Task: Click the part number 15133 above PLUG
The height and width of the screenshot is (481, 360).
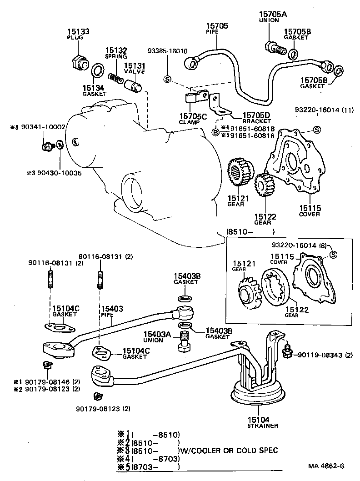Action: [x=79, y=31]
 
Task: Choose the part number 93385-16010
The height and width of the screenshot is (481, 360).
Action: [x=167, y=51]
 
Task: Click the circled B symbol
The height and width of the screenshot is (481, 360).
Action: [x=215, y=132]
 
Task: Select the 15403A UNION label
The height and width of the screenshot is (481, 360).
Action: [x=158, y=336]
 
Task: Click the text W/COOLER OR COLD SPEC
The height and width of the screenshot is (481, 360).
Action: [x=230, y=450]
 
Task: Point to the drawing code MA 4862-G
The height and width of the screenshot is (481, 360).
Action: [x=326, y=466]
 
